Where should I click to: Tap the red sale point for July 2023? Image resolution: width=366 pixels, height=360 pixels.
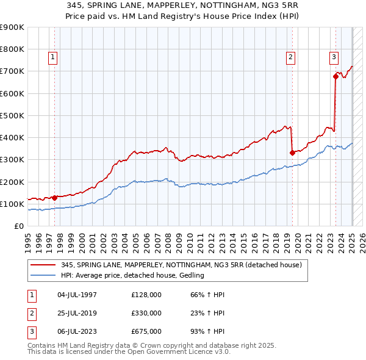[x=335, y=76]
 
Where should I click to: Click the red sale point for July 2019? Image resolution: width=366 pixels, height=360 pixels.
[x=292, y=153]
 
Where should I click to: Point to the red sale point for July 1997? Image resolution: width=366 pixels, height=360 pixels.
[x=54, y=198]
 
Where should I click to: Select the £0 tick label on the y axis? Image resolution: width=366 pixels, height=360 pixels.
[x=19, y=226]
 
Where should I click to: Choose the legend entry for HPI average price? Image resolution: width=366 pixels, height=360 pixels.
[x=133, y=276]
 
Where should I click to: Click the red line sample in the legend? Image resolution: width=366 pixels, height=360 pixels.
[x=43, y=265]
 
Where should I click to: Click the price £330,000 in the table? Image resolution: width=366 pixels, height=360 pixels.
[x=146, y=313]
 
